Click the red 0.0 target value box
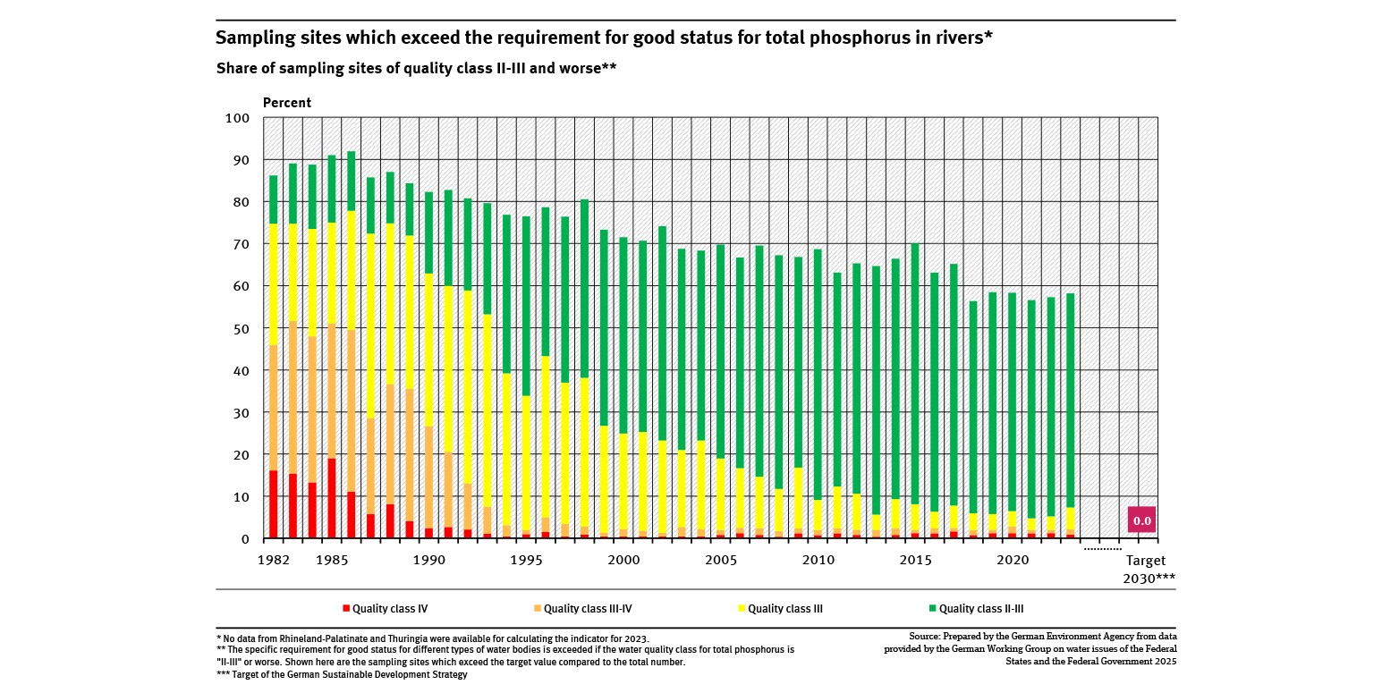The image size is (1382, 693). (x=1141, y=520)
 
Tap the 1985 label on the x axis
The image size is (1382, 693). (x=332, y=560)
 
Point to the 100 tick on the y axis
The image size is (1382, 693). (x=237, y=118)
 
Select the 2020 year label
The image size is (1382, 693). (x=1013, y=560)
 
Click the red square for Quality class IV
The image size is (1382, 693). (x=345, y=609)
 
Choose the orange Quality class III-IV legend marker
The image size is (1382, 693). (x=537, y=609)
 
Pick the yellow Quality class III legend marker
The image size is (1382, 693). (x=741, y=609)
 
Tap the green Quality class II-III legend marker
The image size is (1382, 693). (x=932, y=609)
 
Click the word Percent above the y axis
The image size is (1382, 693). (x=287, y=103)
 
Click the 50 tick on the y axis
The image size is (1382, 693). (x=241, y=328)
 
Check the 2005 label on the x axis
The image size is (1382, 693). (x=721, y=560)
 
